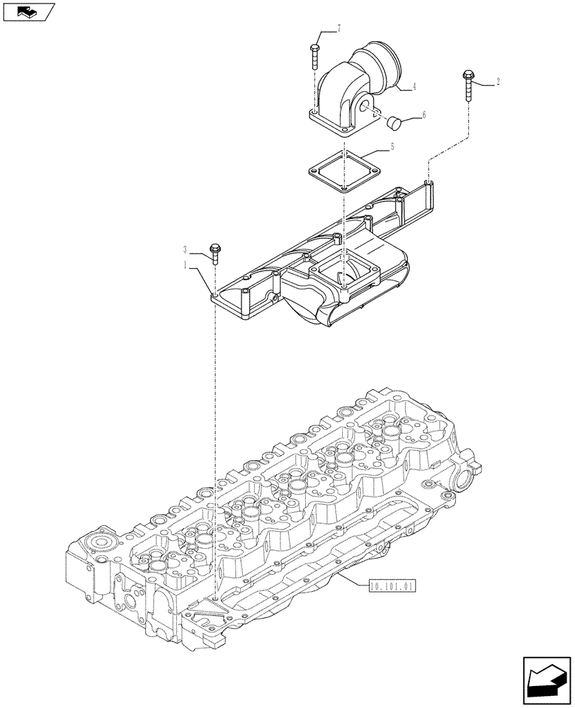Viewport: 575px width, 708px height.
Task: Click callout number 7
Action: tap(338, 28)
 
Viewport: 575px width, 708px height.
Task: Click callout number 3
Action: tap(186, 249)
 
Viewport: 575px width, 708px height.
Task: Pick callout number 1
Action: tap(186, 265)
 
